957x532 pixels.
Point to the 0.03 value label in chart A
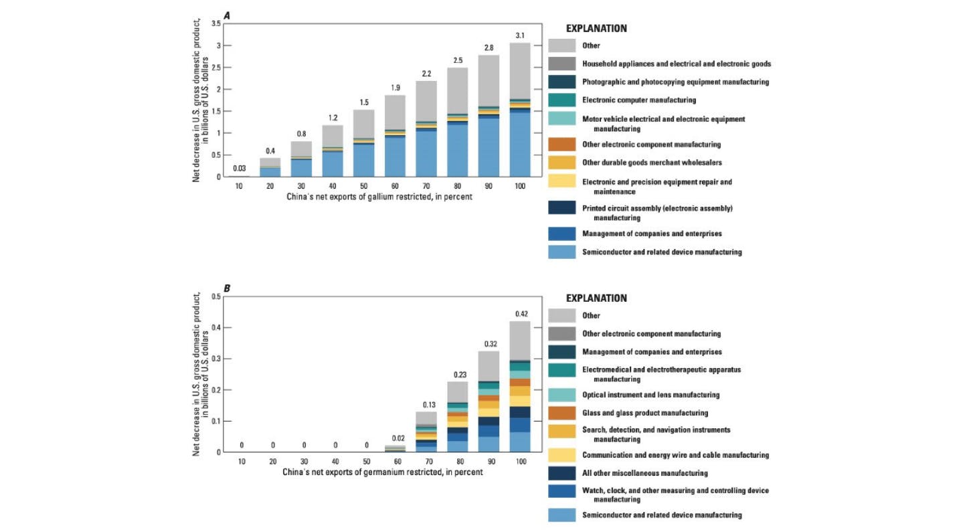click(238, 167)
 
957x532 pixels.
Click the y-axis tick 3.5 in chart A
click(215, 23)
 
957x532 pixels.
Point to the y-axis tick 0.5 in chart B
click(215, 296)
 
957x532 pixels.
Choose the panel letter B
click(227, 288)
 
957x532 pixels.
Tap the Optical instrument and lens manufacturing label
click(650, 395)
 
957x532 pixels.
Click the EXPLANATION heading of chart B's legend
click(596, 298)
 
